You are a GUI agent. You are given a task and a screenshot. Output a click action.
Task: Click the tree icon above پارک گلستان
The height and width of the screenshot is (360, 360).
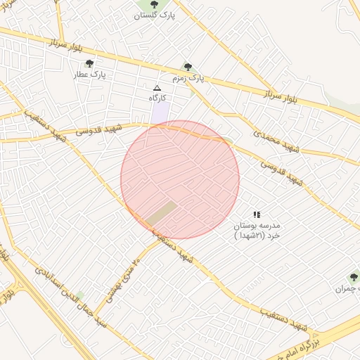(x=154, y=4)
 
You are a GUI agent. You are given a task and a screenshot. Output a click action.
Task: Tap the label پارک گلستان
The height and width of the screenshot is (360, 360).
(x=155, y=15)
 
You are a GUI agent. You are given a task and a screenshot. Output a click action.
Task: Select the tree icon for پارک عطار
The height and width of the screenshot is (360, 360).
(x=89, y=63)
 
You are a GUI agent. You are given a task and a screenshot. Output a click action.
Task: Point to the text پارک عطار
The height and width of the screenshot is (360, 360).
(x=89, y=73)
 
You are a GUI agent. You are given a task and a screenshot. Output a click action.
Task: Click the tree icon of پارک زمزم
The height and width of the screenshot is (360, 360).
(x=188, y=67)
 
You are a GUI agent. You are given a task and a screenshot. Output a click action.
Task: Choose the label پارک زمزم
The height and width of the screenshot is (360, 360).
(x=188, y=77)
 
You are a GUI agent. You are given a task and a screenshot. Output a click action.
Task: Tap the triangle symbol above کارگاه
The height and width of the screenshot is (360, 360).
(x=157, y=88)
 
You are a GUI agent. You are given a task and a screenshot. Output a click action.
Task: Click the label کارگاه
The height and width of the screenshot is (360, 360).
(x=156, y=98)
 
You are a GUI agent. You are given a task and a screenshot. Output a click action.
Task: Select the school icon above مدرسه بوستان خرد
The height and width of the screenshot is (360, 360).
(x=257, y=214)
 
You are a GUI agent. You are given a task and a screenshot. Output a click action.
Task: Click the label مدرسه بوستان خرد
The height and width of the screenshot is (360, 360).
(x=256, y=231)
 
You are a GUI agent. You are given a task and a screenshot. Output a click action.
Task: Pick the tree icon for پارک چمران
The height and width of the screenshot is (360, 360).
(x=354, y=278)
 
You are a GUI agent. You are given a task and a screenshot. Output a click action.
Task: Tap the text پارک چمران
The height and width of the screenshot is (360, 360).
(x=347, y=288)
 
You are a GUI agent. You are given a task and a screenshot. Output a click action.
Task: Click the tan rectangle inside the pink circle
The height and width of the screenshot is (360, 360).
(x=162, y=213)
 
